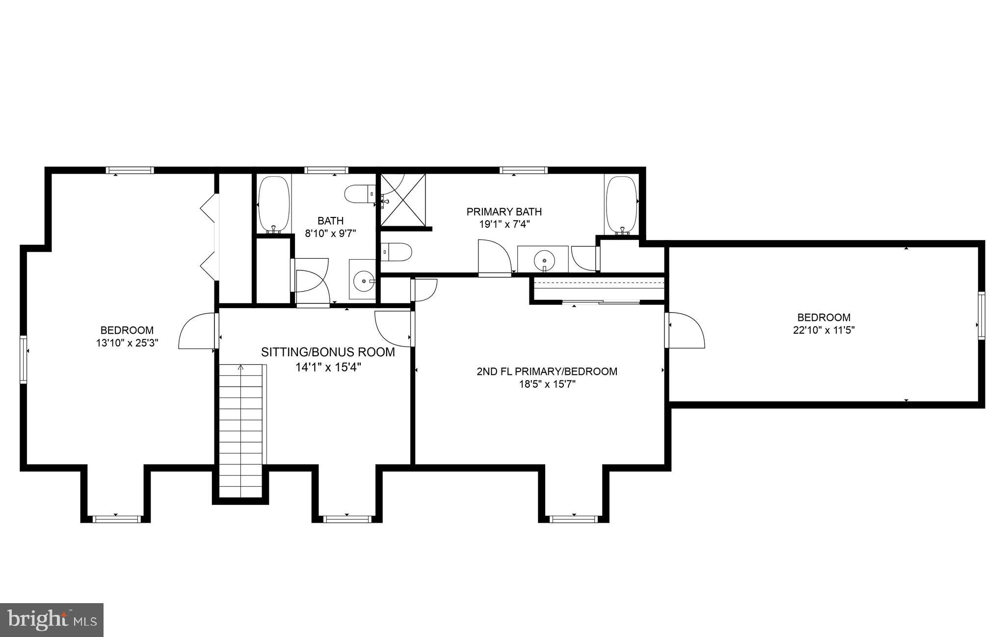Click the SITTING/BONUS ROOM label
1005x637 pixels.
coord(328,352)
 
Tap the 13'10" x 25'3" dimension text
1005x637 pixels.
coord(127,343)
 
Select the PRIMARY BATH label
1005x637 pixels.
coord(504,212)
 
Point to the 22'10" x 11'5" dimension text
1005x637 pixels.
coord(824,330)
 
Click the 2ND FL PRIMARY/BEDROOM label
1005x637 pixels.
coord(547,372)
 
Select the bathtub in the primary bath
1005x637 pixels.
coord(622,204)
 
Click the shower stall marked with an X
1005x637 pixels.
coord(403,199)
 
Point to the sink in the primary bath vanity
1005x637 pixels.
coord(544,259)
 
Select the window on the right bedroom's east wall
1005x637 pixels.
coord(981,316)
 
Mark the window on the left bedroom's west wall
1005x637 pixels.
coord(23,359)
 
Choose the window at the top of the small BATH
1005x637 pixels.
coord(326,170)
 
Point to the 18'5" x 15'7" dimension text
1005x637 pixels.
coord(547,384)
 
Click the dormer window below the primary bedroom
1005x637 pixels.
coord(573,519)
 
